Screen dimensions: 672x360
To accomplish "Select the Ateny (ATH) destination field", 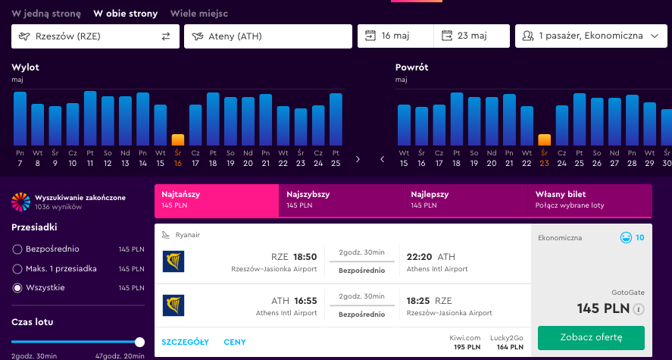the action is [268, 36].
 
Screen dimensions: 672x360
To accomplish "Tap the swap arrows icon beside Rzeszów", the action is [166, 36].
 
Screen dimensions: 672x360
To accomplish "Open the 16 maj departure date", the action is [395, 36].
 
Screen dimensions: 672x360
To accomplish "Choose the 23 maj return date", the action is [471, 36].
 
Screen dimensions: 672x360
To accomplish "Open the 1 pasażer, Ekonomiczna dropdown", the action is [591, 36].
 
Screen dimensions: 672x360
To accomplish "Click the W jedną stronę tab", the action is [46, 14].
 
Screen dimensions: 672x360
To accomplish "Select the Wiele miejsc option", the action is [198, 14].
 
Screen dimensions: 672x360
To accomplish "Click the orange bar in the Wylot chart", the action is [178, 140].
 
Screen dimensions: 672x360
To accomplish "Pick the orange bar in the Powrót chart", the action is [544, 140].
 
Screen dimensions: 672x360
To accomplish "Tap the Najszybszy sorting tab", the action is [341, 201].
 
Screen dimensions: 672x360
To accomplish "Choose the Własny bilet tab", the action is [589, 201].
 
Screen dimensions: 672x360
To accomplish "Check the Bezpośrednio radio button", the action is [17, 249].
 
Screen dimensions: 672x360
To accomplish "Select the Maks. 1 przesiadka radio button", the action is [17, 269].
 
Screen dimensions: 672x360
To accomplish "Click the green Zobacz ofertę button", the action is [591, 338].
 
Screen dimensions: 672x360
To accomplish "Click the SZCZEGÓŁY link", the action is [185, 342].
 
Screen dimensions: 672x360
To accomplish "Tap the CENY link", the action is [235, 342].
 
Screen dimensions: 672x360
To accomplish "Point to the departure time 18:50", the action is [305, 257].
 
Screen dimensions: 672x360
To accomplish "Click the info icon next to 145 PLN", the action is [639, 309].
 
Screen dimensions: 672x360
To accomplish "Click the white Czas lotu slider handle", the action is [139, 342].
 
